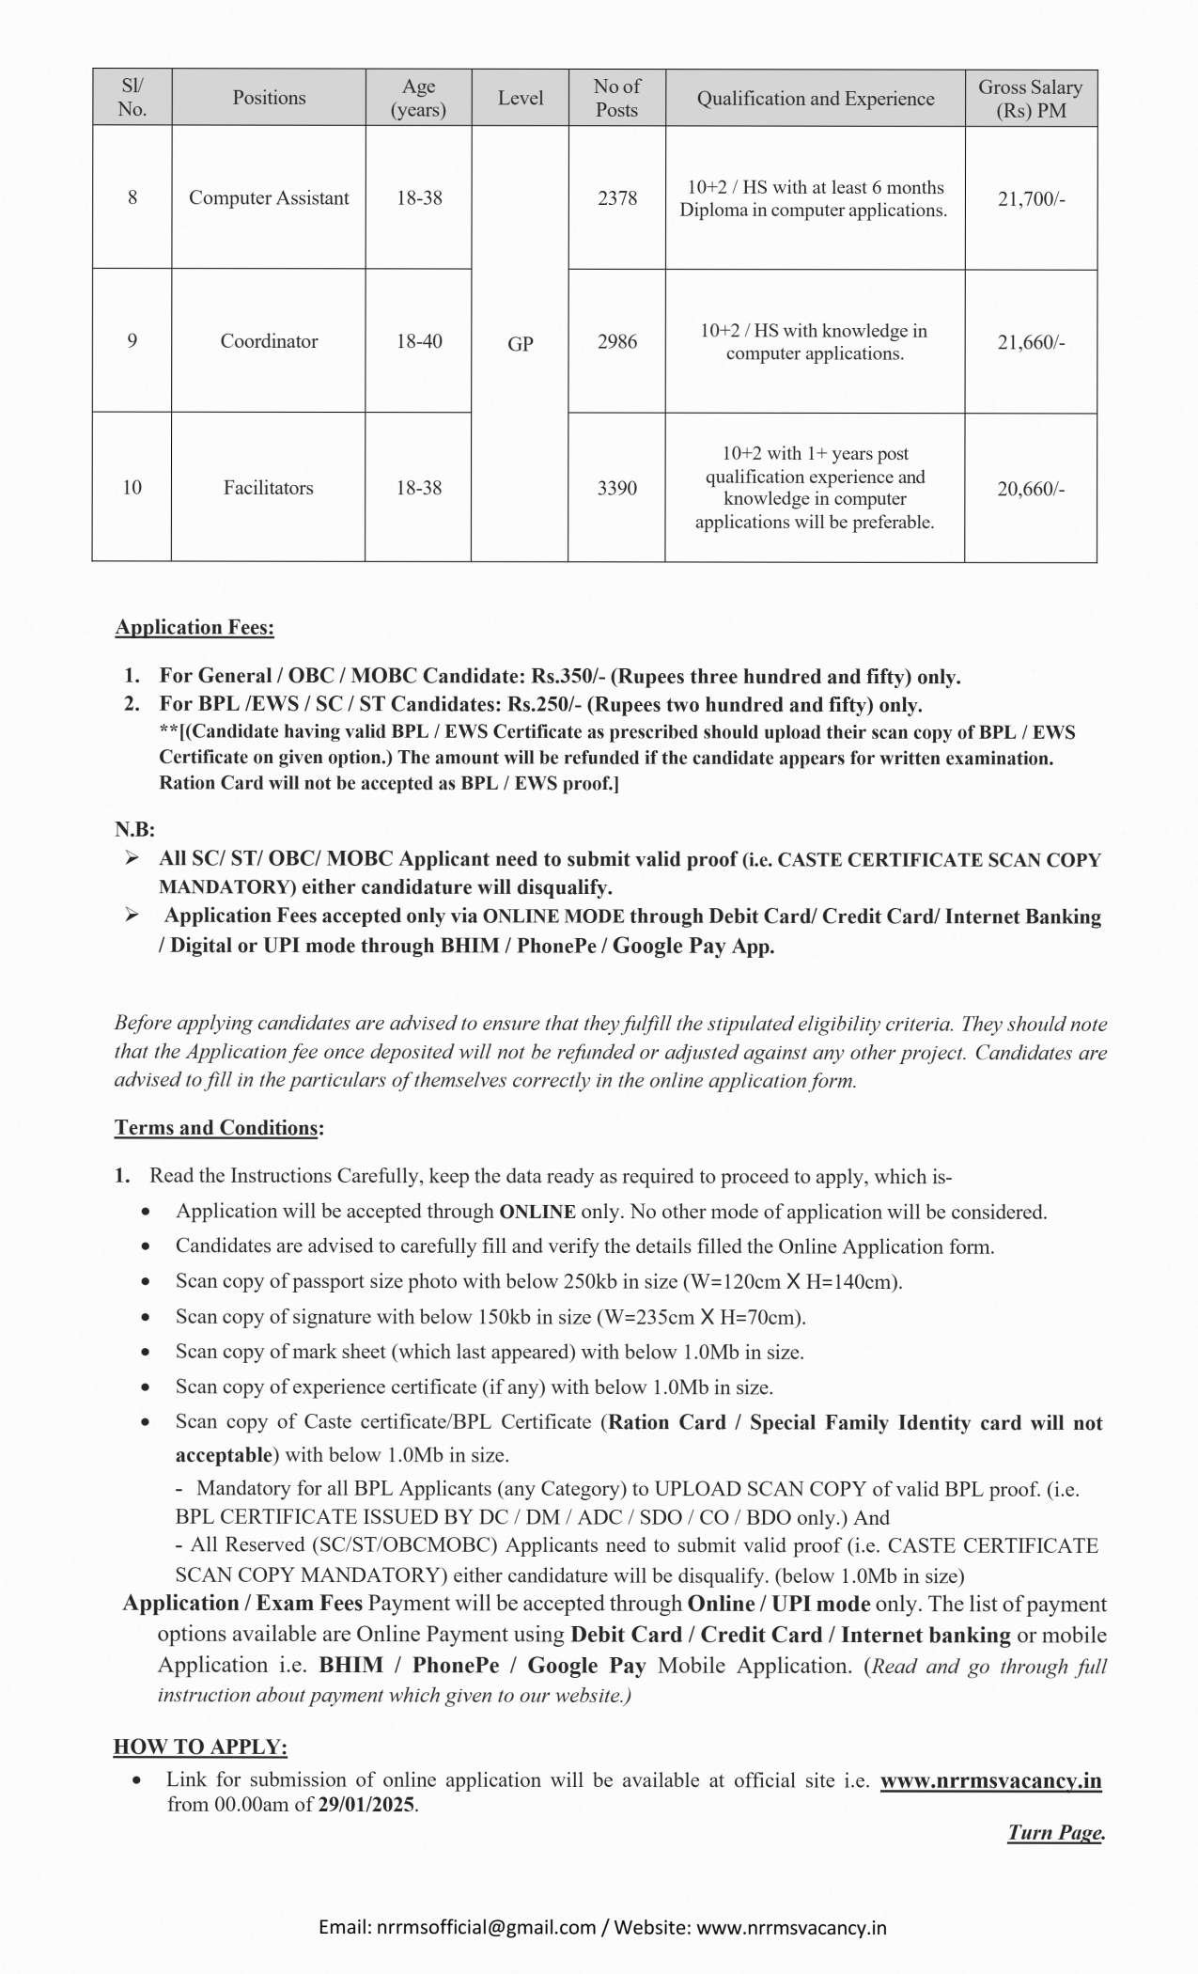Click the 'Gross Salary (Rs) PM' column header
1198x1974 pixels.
tap(1030, 99)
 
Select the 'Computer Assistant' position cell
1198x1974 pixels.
tap(269, 198)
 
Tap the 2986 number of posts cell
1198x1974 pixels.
tap(616, 342)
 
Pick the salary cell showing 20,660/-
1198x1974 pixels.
tap(1030, 489)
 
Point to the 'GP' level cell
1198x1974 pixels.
tap(520, 344)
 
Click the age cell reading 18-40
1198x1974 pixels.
tap(418, 341)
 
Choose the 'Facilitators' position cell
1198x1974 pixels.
tap(269, 488)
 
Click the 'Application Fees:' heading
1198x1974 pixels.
tap(194, 627)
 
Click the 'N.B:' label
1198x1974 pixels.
tap(134, 829)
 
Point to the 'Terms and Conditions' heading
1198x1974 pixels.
tap(217, 1128)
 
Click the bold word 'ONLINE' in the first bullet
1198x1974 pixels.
tap(537, 1213)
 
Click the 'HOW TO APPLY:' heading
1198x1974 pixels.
tap(200, 1747)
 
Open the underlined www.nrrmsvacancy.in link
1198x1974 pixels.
tap(990, 1780)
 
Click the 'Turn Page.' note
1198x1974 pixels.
tap(1055, 1832)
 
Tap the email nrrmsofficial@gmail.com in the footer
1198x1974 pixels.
tap(486, 1927)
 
